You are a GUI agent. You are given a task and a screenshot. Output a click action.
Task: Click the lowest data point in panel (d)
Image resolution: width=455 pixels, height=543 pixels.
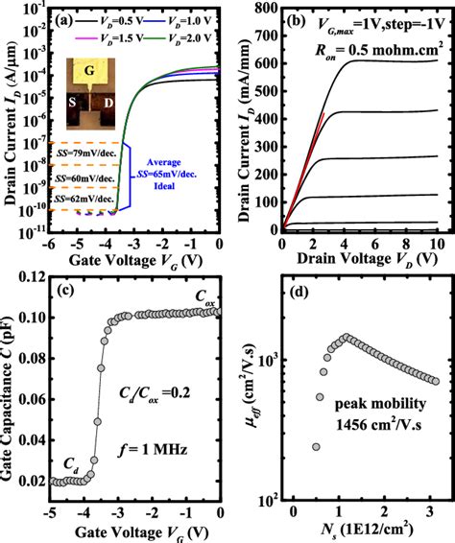click(x=316, y=446)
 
